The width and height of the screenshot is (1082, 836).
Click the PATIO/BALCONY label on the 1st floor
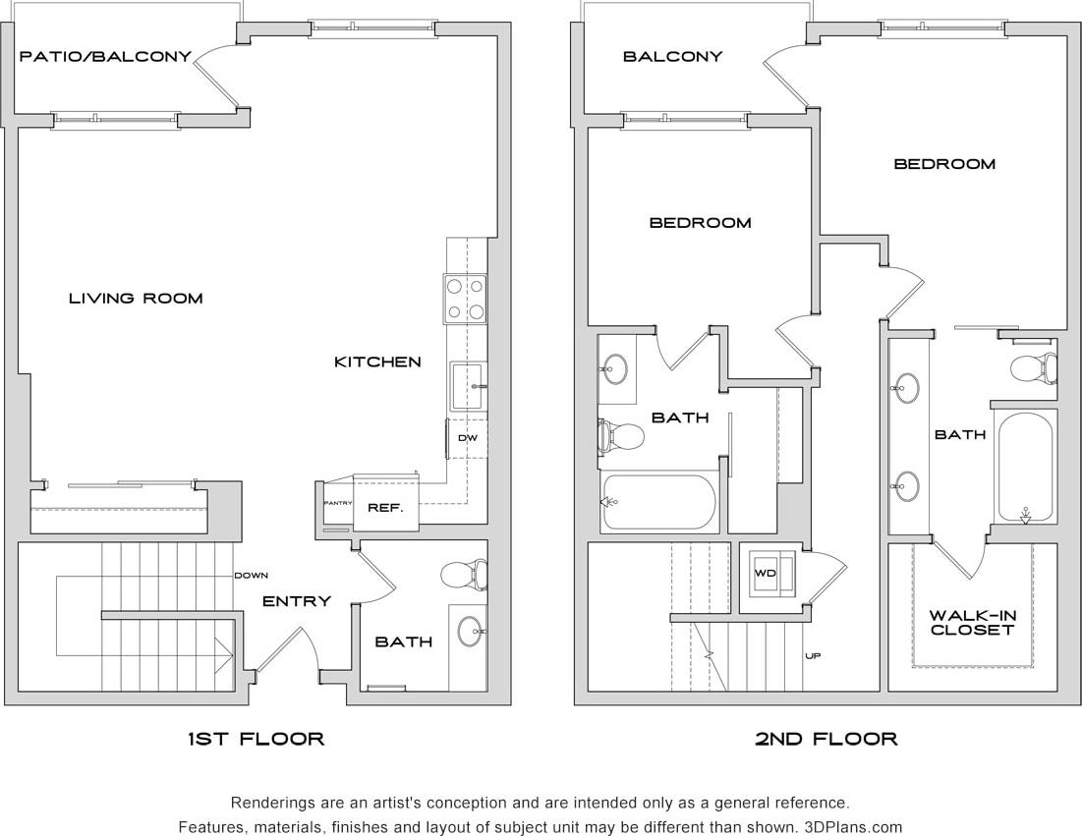coord(106,56)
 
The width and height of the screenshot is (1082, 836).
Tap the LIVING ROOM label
coord(136,298)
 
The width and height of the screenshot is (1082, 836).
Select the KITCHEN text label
coord(377,362)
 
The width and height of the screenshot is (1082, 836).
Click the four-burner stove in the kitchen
coord(466,299)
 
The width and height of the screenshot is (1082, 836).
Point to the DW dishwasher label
coord(468,438)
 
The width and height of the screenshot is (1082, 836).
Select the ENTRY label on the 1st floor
coord(296,600)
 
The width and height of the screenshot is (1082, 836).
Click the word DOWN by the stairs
coord(252,576)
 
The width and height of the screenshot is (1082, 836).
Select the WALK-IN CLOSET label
coord(972,623)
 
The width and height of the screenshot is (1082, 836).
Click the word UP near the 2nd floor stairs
coord(813,655)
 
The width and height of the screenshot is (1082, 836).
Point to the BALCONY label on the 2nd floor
coord(672,56)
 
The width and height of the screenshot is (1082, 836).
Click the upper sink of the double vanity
coord(907,389)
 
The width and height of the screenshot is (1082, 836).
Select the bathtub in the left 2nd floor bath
coord(657,502)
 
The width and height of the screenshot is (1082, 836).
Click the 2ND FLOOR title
coord(826,739)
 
